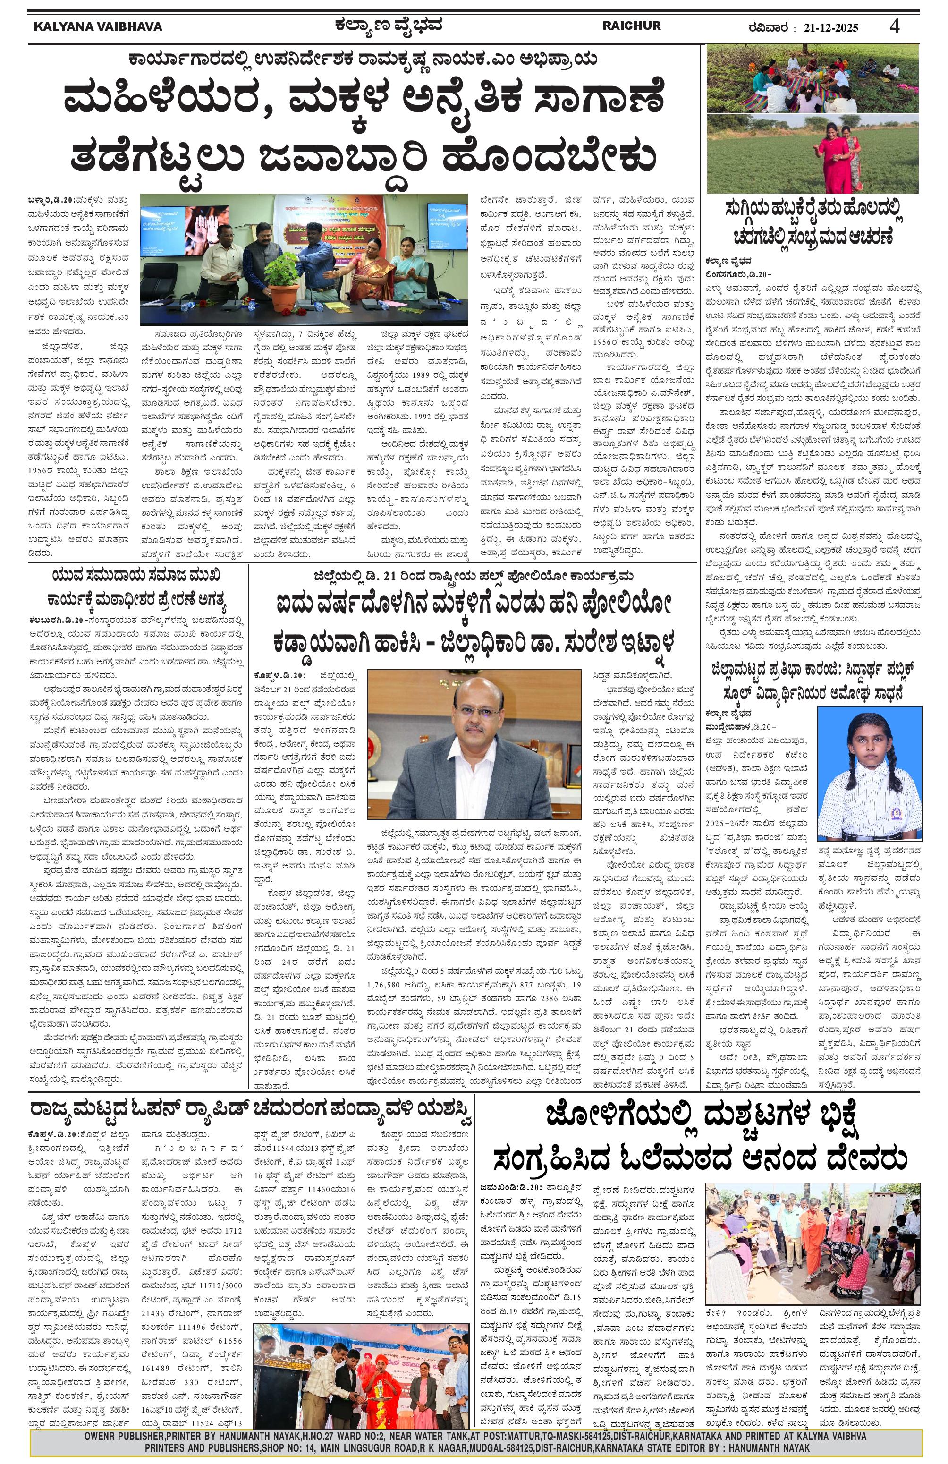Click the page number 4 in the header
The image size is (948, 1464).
point(895,26)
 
